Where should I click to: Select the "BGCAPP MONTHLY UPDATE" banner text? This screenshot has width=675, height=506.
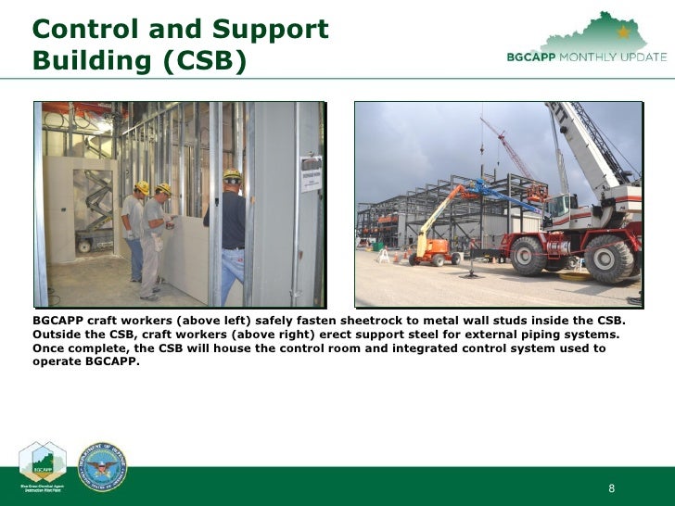coord(586,57)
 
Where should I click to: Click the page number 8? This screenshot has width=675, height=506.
coord(612,489)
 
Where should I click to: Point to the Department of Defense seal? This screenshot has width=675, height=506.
coord(102,466)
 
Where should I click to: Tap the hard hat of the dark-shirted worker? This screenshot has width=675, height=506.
coord(232,174)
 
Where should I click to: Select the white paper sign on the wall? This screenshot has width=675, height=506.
coord(311,174)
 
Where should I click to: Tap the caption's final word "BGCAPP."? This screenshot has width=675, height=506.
coord(109,362)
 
